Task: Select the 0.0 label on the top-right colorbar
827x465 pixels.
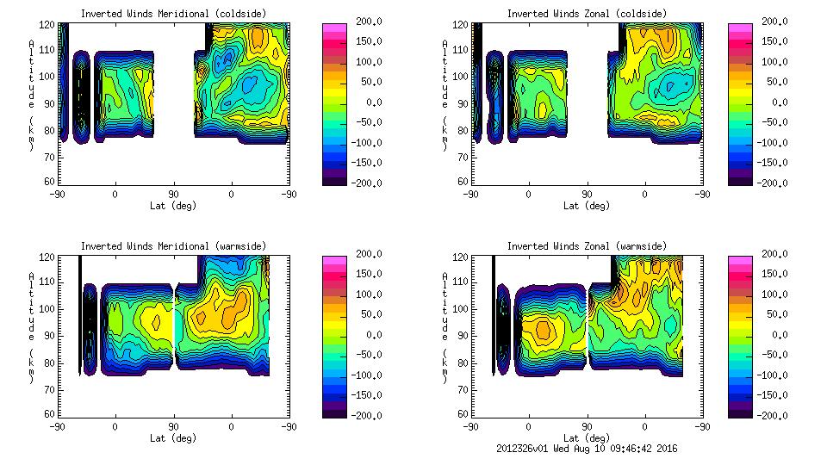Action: click(x=773, y=102)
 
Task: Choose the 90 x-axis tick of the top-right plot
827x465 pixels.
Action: click(x=587, y=194)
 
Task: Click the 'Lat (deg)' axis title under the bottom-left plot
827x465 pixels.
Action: click(x=173, y=437)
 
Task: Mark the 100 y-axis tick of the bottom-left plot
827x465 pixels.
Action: click(x=49, y=308)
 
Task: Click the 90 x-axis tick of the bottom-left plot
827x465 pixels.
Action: click(x=173, y=426)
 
